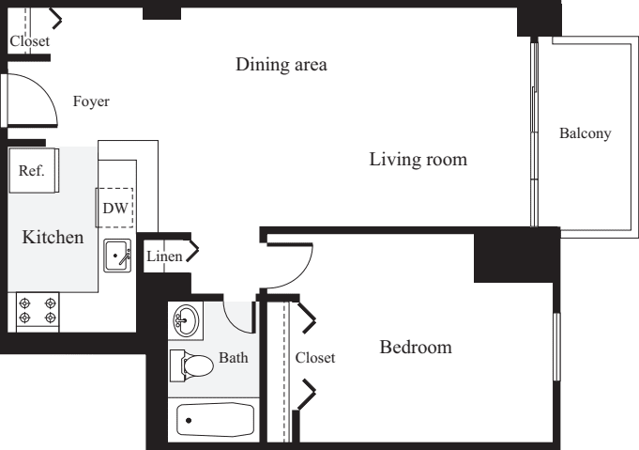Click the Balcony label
(585, 133)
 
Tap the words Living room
(418, 160)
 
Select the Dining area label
(281, 65)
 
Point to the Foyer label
(91, 101)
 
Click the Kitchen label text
(53, 238)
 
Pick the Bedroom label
(415, 348)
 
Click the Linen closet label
(164, 256)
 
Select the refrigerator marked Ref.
(34, 171)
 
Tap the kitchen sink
(117, 255)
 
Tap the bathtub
(215, 419)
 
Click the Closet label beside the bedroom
(314, 358)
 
